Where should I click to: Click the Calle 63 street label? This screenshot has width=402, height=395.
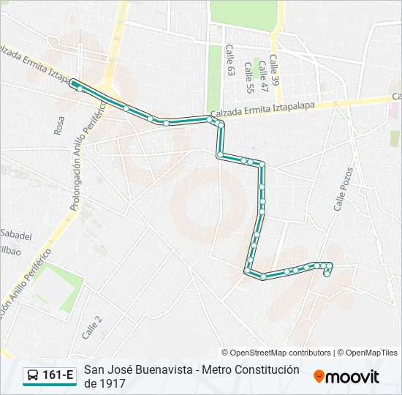click(x=229, y=61)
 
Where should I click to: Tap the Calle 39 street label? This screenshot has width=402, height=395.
click(x=274, y=70)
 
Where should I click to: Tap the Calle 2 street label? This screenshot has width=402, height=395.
click(x=92, y=326)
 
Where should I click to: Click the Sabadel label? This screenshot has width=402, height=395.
click(x=16, y=236)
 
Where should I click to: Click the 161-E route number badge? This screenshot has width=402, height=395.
click(x=58, y=376)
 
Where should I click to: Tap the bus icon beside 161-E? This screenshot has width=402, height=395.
click(x=33, y=376)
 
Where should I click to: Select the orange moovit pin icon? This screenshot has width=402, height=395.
click(x=319, y=377)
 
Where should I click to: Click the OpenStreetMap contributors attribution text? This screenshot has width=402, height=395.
click(x=278, y=353)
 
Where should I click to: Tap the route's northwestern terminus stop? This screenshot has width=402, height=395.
click(x=72, y=83)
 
